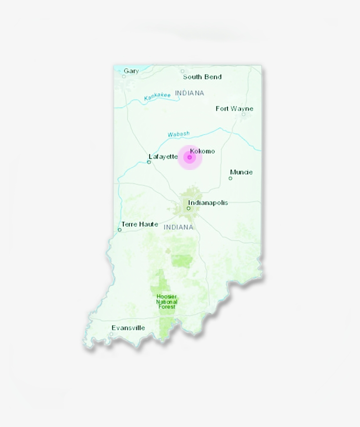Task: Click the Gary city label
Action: tap(131, 71)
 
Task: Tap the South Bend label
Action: tap(202, 77)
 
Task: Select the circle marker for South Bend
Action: tap(183, 71)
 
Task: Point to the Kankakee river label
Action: tap(157, 97)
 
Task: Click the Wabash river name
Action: tap(179, 134)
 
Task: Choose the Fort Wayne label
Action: tap(234, 109)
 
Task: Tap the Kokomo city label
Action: tap(202, 151)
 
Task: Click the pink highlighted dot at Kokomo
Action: tap(190, 157)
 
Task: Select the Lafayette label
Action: tap(163, 156)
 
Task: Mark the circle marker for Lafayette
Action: tap(149, 162)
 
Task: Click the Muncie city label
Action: tap(241, 172)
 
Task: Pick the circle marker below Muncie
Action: tap(230, 178)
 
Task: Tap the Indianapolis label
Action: tap(208, 203)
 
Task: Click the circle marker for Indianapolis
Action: tap(189, 208)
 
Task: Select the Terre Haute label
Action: tap(140, 224)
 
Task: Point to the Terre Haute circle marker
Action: tap(119, 230)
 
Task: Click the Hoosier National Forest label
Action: tap(167, 302)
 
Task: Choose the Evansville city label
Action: tap(128, 328)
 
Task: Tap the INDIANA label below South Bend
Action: tap(190, 93)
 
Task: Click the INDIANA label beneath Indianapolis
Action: tap(178, 227)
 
